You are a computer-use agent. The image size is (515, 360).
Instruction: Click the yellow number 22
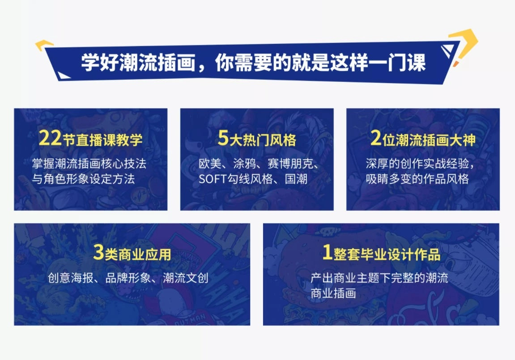pyautogui.click(x=49, y=139)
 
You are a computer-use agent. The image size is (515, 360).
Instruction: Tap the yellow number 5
pyautogui.click(x=223, y=139)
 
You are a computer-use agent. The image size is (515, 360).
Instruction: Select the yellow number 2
pyautogui.click(x=376, y=139)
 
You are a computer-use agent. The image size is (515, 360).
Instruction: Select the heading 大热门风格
pyautogui.click(x=263, y=140)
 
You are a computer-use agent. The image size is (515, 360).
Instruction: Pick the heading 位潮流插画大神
pyautogui.click(x=429, y=140)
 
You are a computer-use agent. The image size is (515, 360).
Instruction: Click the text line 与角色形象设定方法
pyautogui.click(x=83, y=179)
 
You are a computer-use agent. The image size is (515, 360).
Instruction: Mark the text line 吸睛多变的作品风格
pyautogui.click(x=417, y=179)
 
